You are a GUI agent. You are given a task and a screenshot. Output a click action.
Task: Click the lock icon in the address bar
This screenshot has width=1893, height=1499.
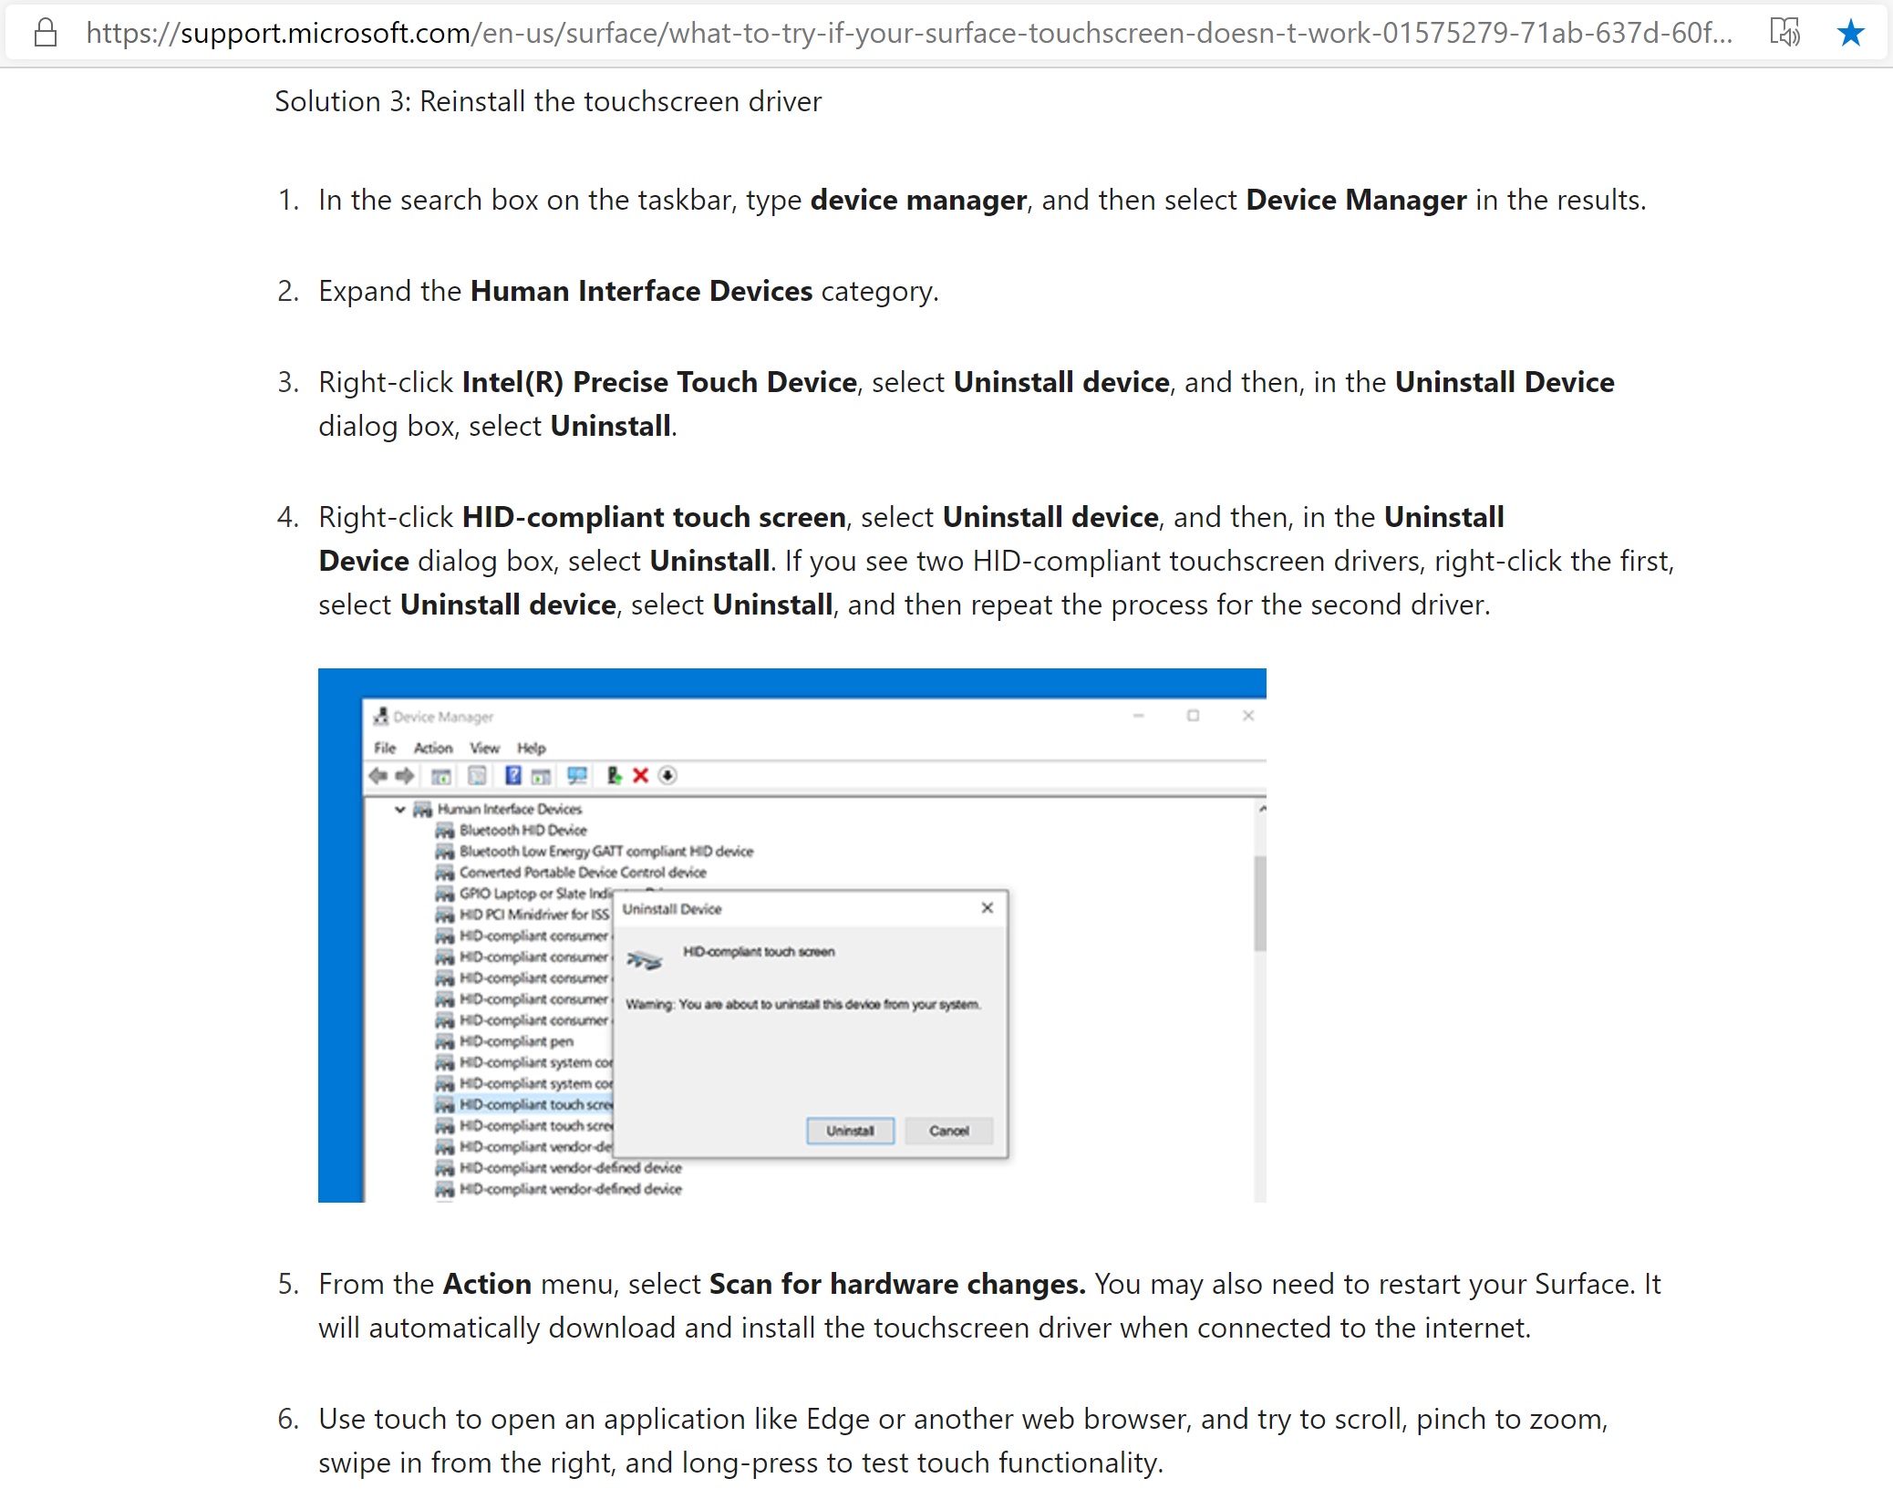click(46, 33)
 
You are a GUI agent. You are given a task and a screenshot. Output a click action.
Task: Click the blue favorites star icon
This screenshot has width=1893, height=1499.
click(1850, 33)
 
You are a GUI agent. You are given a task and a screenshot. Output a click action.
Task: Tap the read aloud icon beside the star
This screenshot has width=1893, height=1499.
click(1784, 33)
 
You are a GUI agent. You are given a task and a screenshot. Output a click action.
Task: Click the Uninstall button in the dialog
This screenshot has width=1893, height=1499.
click(850, 1131)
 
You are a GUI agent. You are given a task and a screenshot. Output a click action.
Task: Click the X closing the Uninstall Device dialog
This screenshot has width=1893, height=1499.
click(987, 908)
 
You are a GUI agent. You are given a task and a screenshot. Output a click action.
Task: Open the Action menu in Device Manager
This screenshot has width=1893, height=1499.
click(433, 748)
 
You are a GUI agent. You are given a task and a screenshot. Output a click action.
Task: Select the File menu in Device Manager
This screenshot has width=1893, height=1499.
click(385, 748)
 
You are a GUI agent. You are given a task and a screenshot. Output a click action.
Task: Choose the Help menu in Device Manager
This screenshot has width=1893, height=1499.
click(532, 748)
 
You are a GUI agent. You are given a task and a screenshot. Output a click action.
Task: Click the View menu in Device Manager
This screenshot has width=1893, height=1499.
click(484, 748)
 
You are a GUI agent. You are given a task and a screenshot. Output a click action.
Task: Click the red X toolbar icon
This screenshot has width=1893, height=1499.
click(641, 776)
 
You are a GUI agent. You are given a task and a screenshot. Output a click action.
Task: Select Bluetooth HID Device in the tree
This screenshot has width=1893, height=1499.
click(522, 830)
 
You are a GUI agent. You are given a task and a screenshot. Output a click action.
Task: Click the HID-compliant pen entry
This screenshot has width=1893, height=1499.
click(516, 1041)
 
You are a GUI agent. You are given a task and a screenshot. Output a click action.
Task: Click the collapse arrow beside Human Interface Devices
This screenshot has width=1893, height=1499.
click(399, 809)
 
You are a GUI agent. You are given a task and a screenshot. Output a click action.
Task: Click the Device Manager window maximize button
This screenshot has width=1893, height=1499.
click(1193, 716)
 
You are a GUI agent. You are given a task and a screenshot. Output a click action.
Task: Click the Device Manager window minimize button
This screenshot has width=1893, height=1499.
click(1138, 716)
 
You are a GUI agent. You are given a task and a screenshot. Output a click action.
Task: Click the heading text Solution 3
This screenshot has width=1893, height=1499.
click(547, 101)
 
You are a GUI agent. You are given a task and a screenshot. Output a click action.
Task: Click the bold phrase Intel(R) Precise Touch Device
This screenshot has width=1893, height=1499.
click(659, 382)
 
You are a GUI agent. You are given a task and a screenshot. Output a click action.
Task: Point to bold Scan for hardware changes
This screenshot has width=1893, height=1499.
click(896, 1284)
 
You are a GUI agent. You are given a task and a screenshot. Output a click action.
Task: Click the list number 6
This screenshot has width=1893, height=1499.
click(288, 1419)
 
